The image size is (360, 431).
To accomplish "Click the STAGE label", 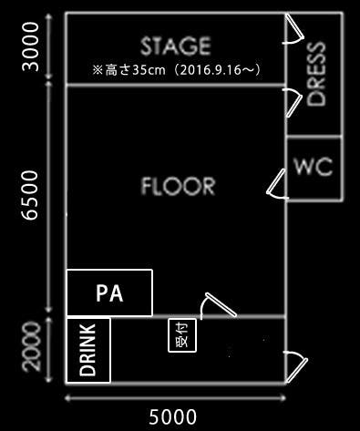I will click(176, 46).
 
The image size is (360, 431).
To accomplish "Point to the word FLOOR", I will click(179, 187).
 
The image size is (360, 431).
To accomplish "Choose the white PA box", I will click(109, 293).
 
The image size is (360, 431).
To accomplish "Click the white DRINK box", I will click(88, 350).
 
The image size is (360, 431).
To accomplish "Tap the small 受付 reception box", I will click(179, 335).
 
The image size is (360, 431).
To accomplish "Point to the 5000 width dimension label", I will click(172, 416).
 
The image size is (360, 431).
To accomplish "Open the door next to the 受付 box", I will click(217, 306).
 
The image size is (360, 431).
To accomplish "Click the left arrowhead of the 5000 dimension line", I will click(69, 398).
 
